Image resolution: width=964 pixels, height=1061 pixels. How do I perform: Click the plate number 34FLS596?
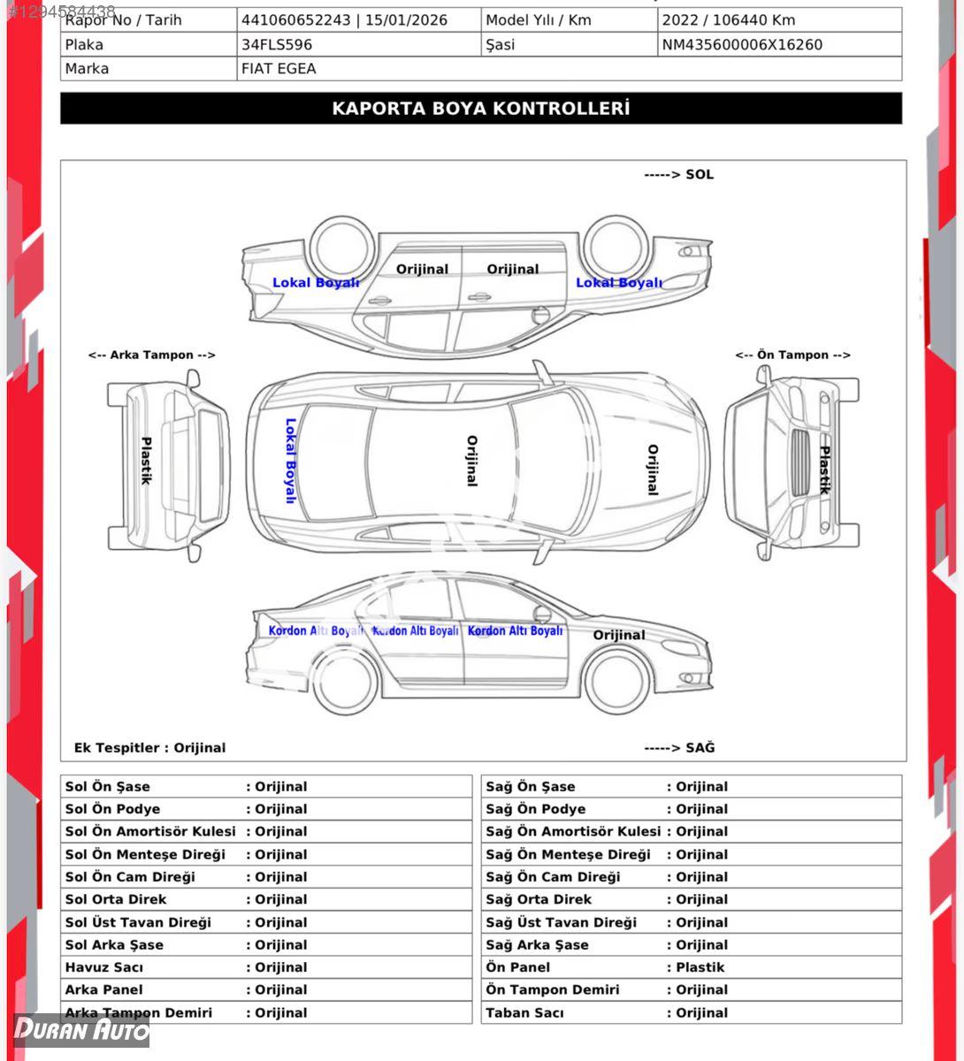tap(277, 44)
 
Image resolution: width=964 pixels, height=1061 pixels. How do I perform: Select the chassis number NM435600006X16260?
tap(742, 44)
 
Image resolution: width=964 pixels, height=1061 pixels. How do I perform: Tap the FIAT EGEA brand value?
tap(279, 68)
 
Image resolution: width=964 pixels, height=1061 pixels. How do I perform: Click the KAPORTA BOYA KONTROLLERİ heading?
tap(481, 109)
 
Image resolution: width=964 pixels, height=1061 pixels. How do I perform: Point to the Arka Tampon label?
tap(151, 355)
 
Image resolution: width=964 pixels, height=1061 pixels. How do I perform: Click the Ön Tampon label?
tap(792, 355)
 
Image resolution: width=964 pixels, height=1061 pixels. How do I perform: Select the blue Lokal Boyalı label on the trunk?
tap(290, 461)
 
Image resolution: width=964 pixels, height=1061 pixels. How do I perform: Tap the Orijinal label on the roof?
tap(471, 461)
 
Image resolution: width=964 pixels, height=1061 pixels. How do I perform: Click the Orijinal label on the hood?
tap(653, 469)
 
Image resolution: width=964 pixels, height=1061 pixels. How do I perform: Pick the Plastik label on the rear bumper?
tap(146, 461)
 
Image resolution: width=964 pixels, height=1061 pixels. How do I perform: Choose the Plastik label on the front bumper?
tap(823, 469)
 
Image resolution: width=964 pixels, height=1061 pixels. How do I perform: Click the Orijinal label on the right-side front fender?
tap(619, 635)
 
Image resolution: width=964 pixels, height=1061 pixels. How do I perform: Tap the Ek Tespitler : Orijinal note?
tap(149, 748)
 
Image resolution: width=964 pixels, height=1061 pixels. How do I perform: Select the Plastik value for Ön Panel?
tap(700, 967)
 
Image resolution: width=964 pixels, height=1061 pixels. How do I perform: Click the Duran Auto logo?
tap(81, 1029)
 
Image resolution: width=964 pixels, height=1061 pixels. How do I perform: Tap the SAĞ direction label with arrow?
tap(679, 748)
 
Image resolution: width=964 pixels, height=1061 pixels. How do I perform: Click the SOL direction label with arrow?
tap(678, 174)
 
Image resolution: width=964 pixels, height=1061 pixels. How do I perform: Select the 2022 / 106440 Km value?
tap(729, 19)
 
